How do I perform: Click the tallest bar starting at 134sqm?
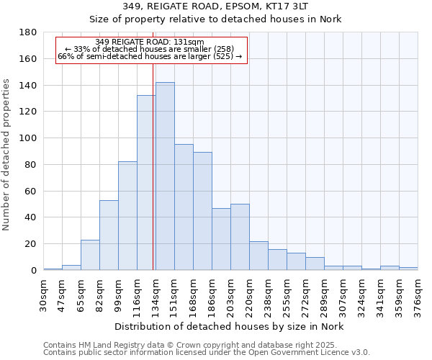[165, 176]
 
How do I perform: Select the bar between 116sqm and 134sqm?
[145, 183]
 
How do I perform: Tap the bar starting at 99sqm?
[127, 216]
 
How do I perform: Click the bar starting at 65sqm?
[90, 255]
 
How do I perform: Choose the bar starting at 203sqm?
[240, 237]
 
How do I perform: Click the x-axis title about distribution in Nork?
[230, 327]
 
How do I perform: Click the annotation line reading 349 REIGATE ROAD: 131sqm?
[150, 42]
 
